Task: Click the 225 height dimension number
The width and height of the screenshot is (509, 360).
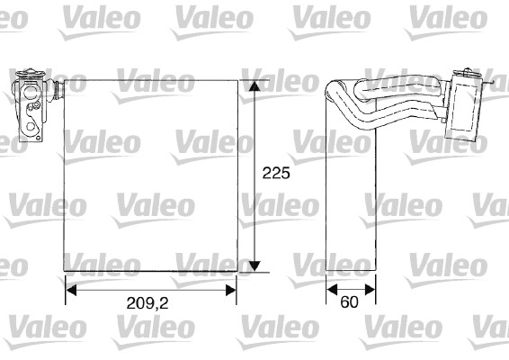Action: [276, 173]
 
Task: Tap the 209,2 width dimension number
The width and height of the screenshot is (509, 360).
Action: [147, 303]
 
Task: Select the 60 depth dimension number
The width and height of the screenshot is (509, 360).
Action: [349, 302]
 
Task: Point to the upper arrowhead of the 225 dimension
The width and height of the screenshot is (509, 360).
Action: [255, 85]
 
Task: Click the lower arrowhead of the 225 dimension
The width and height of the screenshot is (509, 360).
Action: [255, 265]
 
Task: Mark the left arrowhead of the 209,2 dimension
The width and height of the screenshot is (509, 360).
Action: [71, 290]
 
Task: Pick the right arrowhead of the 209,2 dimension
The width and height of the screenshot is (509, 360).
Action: [231, 290]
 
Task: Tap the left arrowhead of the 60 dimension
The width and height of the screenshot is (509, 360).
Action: [332, 289]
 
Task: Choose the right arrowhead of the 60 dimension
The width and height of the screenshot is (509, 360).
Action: [371, 289]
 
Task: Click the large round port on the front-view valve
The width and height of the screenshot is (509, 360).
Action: [30, 93]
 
